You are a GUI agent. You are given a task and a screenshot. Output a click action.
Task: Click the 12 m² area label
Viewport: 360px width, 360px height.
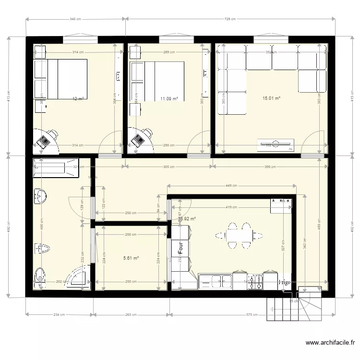[78, 99]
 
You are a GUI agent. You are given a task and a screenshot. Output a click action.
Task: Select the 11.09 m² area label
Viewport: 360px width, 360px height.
[169, 99]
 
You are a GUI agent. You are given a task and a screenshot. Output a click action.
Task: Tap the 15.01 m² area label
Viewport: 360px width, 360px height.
[271, 98]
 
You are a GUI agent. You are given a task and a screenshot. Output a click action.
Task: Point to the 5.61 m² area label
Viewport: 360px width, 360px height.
[131, 258]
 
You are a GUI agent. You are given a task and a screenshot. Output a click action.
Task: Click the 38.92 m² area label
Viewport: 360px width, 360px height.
[187, 219]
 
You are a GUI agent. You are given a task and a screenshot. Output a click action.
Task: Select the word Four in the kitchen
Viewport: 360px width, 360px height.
[181, 247]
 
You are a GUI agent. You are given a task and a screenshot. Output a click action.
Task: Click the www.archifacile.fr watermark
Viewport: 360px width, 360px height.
[330, 343]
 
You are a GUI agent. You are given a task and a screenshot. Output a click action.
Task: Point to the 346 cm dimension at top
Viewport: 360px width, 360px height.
[75, 20]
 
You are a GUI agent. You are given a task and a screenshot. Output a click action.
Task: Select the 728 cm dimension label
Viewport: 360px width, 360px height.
[230, 20]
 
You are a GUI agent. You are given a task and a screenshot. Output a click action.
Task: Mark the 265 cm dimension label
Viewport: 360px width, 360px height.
[132, 315]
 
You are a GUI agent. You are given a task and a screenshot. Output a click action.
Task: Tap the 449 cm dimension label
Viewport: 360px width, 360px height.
[231, 185]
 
